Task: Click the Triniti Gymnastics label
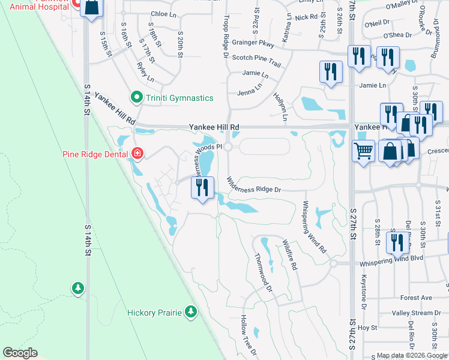pyautogui.click(x=178, y=98)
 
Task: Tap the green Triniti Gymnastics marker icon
pyautogui.click(x=136, y=97)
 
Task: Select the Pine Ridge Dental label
pyautogui.click(x=95, y=154)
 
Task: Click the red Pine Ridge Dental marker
pyautogui.click(x=137, y=154)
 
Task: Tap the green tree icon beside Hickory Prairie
pyautogui.click(x=191, y=311)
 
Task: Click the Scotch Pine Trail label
pyautogui.click(x=256, y=58)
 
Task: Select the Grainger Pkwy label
pyautogui.click(x=253, y=43)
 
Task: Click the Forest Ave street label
pyautogui.click(x=417, y=298)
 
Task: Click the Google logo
pyautogui.click(x=20, y=352)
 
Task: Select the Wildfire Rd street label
pyautogui.click(x=291, y=254)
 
